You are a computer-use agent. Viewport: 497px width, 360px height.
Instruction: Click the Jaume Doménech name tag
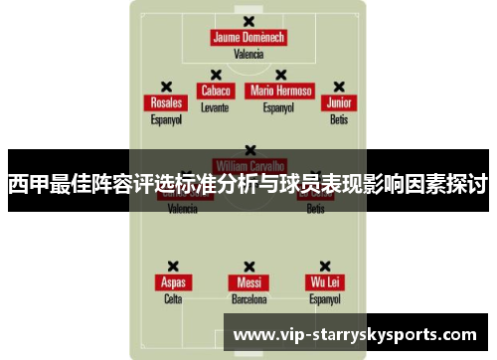pos(248,38)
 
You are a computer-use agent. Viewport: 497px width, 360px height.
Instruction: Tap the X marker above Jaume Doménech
pos(248,20)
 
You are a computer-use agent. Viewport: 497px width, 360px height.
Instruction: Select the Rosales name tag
pos(166,102)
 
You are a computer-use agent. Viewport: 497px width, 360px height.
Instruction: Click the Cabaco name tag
pos(215,90)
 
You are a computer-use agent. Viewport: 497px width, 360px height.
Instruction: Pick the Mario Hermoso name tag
pos(280,90)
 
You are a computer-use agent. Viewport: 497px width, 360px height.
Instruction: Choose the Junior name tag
pos(339,102)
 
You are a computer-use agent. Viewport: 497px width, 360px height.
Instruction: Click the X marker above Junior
pos(339,87)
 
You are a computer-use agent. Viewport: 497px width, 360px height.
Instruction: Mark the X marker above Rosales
pos(166,87)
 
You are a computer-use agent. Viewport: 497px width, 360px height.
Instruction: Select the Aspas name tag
pos(173,282)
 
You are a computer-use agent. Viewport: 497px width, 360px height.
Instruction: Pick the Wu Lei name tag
pos(324,282)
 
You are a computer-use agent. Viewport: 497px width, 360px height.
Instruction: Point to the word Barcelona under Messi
pos(248,298)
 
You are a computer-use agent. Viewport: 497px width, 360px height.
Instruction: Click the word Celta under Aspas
pos(173,298)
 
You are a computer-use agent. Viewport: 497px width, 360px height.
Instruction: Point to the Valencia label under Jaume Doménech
pos(248,55)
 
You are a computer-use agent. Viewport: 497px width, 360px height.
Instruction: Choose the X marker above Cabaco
pos(215,75)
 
